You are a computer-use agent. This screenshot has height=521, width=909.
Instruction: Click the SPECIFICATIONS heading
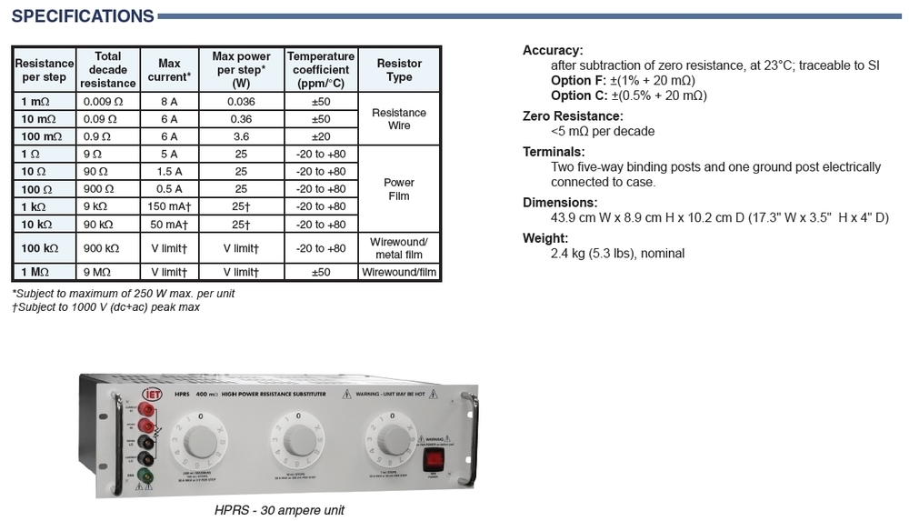tap(82, 16)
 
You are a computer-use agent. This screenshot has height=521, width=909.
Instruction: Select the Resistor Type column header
tap(399, 70)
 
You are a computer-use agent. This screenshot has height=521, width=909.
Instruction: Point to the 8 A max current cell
tap(169, 101)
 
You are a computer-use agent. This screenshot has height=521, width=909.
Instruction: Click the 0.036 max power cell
tap(241, 101)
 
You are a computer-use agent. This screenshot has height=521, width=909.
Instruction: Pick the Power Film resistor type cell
tap(399, 189)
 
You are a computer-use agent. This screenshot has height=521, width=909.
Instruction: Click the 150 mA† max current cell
tap(169, 206)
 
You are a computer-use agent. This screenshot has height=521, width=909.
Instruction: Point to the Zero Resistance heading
tap(573, 116)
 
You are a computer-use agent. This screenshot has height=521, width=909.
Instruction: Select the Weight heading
tap(545, 238)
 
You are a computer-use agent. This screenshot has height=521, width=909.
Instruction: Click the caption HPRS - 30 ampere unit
tap(279, 510)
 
